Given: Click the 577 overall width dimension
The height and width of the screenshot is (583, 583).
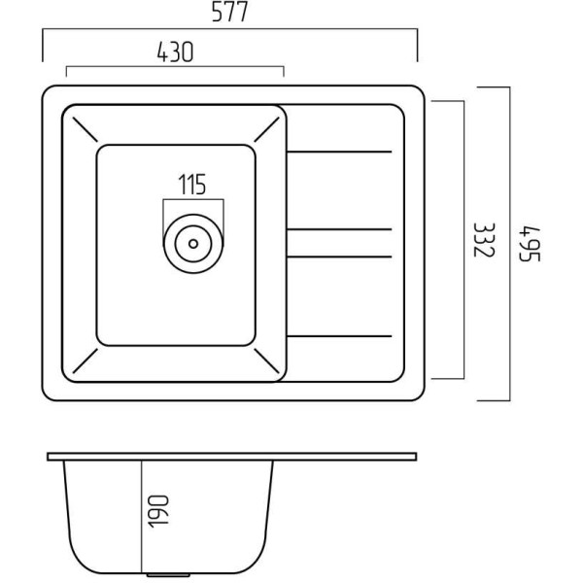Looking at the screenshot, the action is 229,13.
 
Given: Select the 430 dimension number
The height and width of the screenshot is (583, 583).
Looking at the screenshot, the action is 175,51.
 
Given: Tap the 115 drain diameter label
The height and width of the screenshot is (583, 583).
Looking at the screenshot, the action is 191,185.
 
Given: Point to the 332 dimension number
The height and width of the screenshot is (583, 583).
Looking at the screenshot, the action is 484,240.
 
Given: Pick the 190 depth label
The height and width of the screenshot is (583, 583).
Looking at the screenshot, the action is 158,511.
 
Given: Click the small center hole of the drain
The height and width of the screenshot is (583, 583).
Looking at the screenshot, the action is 193,244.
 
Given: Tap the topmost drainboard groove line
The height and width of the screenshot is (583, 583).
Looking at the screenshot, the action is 339,152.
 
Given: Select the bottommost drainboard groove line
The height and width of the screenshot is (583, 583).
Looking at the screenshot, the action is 339,336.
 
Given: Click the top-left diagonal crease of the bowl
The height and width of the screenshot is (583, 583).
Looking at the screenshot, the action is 85,129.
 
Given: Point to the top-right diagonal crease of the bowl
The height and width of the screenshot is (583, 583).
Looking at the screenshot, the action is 266,129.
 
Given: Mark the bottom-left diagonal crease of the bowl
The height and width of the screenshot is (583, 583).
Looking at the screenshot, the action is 85,360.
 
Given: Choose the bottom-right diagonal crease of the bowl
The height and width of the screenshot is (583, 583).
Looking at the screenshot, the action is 266,360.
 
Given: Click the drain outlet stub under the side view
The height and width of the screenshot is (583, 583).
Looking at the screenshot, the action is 168,575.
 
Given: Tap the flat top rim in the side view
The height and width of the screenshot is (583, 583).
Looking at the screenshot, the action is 232,457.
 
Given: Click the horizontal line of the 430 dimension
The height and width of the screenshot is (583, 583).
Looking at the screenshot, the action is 175,66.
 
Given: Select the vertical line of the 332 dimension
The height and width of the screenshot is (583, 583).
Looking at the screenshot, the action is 463,240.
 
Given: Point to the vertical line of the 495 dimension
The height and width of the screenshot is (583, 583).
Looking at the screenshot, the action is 509,244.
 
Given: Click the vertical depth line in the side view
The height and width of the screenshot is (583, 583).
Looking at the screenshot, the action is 142,517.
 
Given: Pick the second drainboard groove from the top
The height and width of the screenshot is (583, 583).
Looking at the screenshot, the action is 339,229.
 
